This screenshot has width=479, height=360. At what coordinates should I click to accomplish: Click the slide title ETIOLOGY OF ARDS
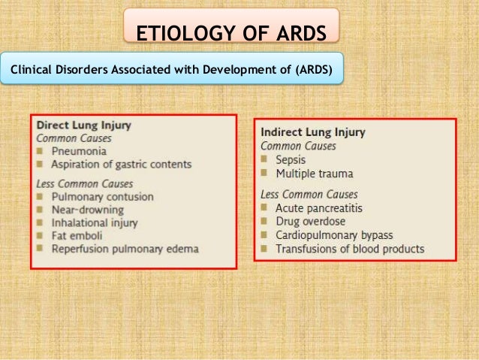coord(231,35)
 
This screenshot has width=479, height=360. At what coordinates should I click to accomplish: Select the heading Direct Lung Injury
coord(82,126)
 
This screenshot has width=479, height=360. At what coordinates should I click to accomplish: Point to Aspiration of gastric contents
coord(121,164)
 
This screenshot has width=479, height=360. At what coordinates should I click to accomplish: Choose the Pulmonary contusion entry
coord(102,197)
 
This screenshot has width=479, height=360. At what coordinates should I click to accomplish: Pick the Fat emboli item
coord(77,236)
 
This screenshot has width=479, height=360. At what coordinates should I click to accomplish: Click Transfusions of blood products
coord(350,248)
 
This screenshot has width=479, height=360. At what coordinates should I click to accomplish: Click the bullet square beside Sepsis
coord(265,160)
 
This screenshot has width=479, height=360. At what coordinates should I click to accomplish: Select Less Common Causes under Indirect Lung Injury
coord(309,194)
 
